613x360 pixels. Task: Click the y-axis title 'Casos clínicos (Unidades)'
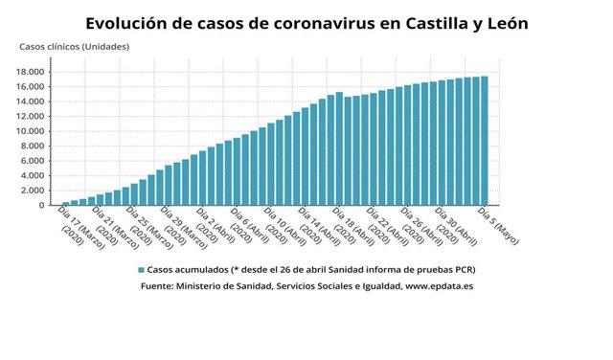(x=75, y=47)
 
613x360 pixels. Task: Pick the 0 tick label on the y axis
(x=41, y=205)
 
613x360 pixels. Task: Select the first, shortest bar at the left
(x=66, y=203)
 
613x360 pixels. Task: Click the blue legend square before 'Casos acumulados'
(x=141, y=270)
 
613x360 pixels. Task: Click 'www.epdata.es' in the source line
(x=440, y=285)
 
